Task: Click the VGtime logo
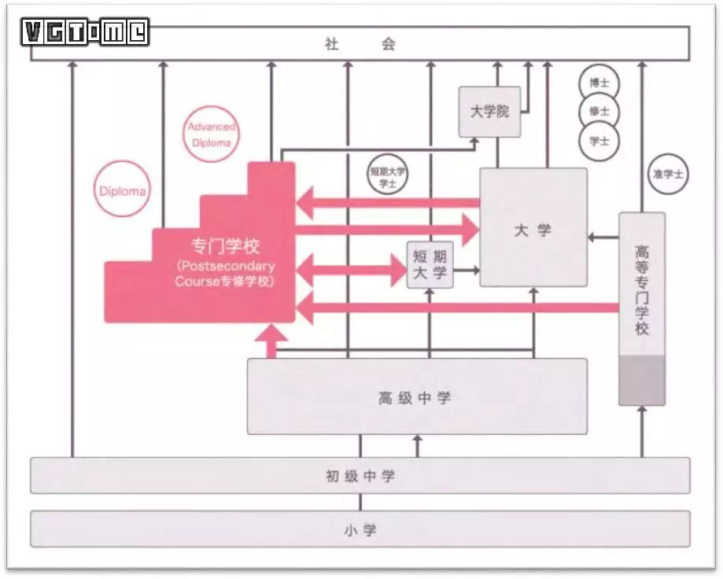coord(85,32)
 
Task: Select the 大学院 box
coord(489,112)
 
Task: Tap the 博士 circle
coord(599,83)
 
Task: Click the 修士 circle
coord(599,112)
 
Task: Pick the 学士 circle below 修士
coord(599,141)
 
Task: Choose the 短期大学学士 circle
coord(388,175)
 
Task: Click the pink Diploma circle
coord(122,190)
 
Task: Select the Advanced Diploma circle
coord(211,135)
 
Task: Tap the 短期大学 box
coord(430,266)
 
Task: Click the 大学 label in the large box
coord(533,230)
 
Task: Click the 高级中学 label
coord(417,397)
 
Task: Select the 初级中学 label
coord(360,476)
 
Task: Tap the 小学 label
coord(360,529)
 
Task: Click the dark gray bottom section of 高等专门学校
coord(642,380)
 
